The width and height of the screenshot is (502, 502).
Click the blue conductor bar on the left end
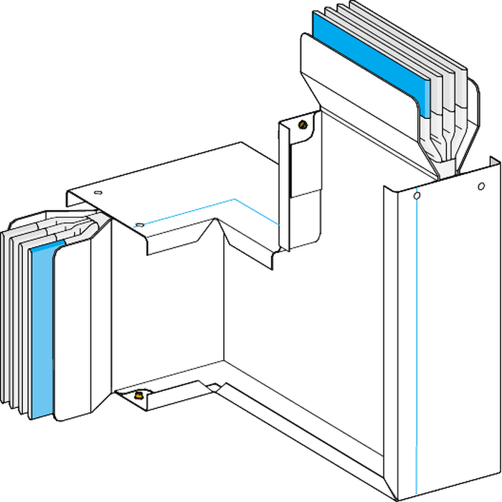tap(43, 330)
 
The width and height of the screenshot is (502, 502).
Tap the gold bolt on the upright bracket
tap(303, 124)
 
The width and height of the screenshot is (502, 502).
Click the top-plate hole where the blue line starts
tap(141, 225)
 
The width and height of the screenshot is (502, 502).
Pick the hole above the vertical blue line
tap(417, 194)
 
